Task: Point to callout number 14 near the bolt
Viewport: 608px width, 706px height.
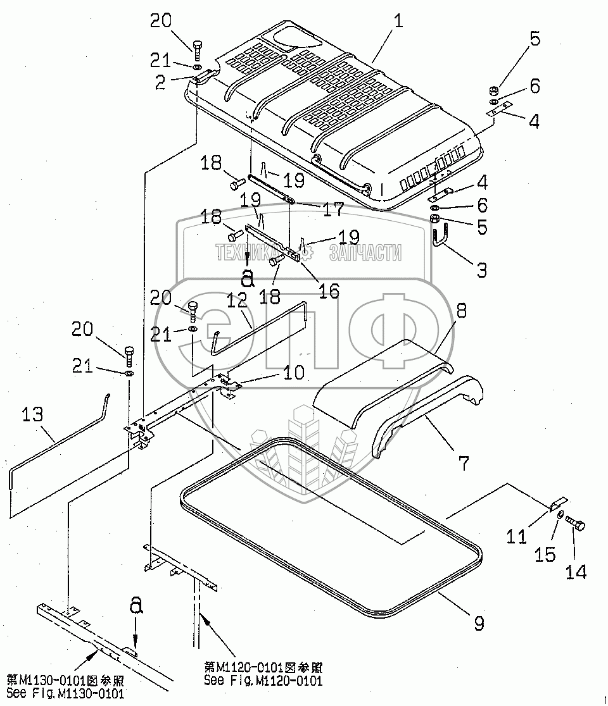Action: tap(575, 571)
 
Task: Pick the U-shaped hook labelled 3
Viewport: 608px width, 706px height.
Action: tap(441, 239)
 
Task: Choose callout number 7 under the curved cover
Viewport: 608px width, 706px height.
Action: tap(464, 464)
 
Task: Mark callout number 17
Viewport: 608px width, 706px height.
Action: tap(332, 208)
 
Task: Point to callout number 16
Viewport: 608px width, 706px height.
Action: tap(329, 291)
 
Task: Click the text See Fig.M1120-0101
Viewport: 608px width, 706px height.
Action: tap(263, 681)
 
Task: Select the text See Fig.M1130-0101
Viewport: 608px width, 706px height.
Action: tap(65, 693)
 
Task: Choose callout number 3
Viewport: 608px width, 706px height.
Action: tap(481, 270)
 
